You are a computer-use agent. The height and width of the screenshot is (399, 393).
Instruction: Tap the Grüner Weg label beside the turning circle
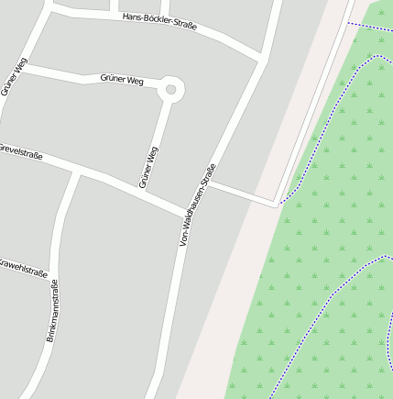122,81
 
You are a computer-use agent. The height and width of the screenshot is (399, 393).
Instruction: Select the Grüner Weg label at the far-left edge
14,77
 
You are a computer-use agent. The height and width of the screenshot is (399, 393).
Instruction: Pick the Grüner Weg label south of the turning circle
148,167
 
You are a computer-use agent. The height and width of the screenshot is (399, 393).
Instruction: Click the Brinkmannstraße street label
52,311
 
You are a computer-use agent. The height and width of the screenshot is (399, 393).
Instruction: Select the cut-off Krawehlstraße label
23,268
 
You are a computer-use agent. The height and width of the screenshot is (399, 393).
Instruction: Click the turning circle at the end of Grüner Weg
170,90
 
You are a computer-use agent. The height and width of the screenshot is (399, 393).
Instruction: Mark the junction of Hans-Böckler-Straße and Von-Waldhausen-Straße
262,60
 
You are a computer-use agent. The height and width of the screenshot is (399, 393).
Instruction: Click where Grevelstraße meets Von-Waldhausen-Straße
189,215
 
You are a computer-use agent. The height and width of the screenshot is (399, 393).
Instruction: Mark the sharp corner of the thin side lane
278,205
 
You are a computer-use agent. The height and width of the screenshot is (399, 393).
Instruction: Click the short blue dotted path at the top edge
370,27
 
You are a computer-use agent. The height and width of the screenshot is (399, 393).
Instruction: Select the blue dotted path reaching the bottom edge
311,330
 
